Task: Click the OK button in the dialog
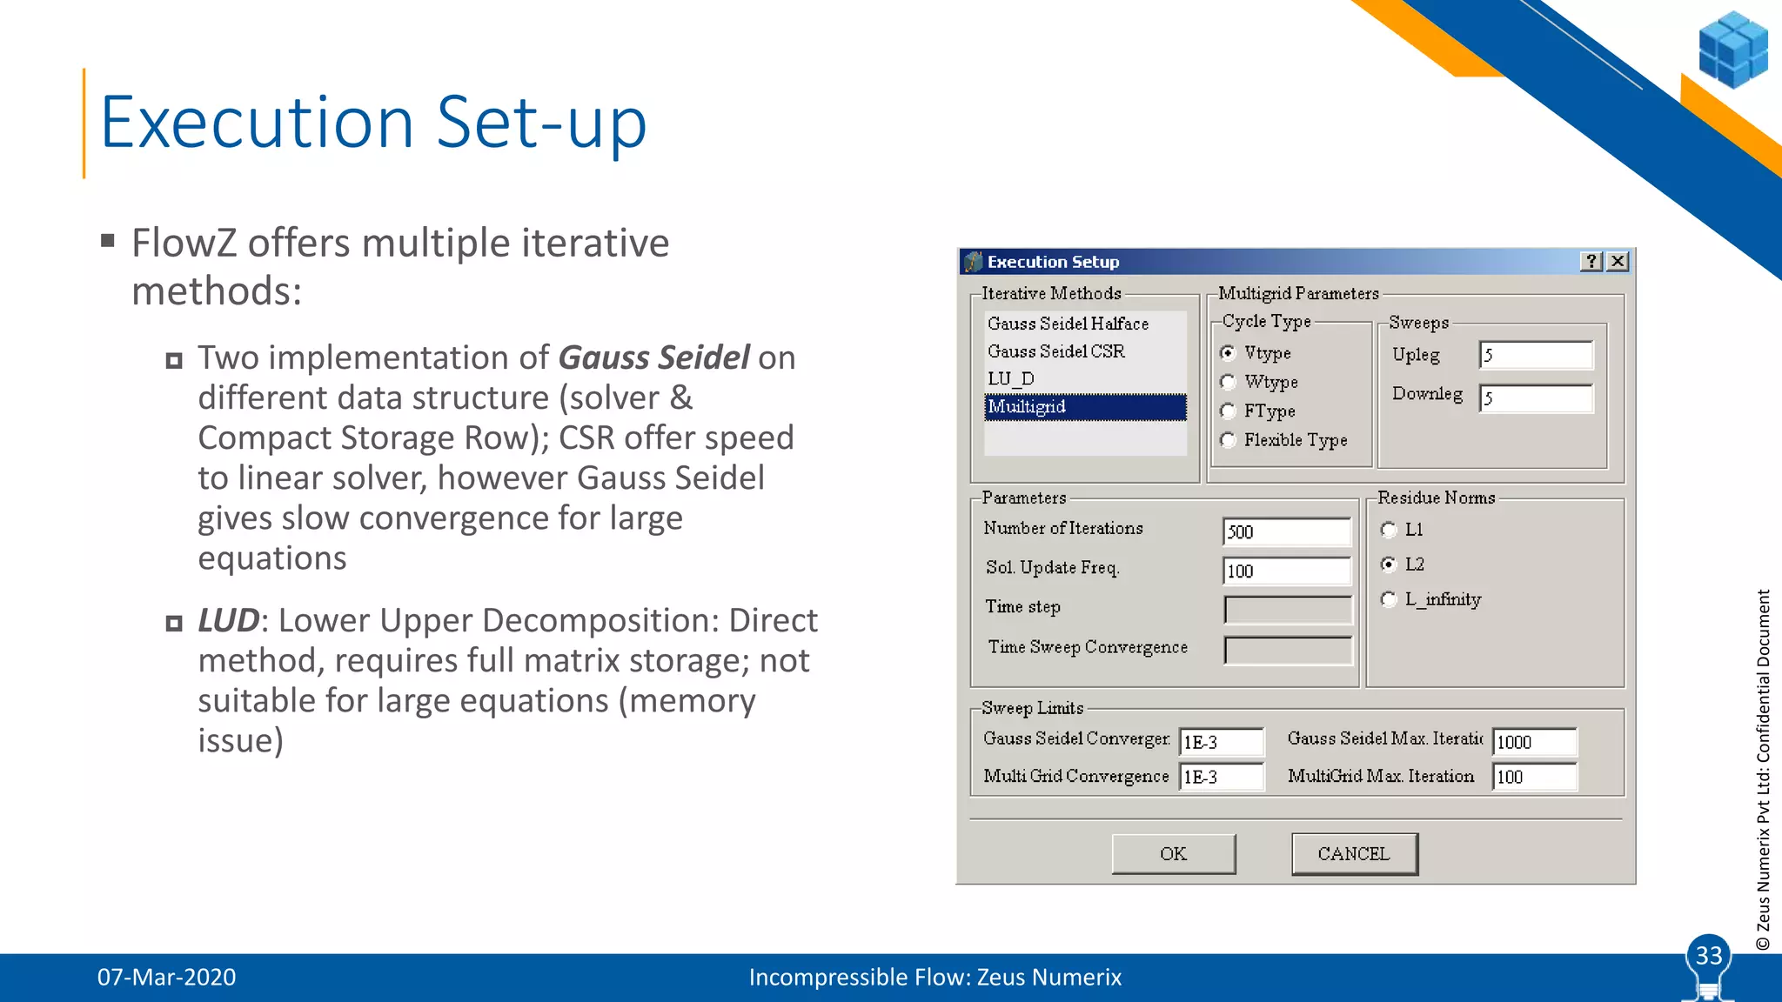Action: (1173, 853)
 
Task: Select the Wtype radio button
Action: (1228, 382)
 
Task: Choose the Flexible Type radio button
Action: (1228, 440)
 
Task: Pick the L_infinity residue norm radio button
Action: (1389, 599)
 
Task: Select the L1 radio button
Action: (1389, 530)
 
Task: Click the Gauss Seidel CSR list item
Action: (1056, 351)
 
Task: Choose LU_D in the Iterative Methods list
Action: (1011, 379)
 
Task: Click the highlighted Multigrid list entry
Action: (1084, 407)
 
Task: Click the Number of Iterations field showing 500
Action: (1286, 531)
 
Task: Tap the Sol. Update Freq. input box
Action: (1286, 571)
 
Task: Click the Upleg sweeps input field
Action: (1536, 355)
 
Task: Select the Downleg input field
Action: (1536, 398)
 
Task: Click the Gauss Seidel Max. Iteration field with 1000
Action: (1534, 742)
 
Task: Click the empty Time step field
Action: (1288, 609)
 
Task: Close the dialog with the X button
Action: (1618, 262)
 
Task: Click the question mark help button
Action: (1591, 262)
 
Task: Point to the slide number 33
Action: (1709, 956)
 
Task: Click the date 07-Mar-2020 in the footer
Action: (166, 978)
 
